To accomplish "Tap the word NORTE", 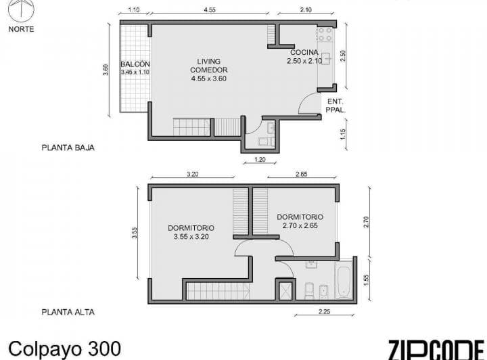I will [x=21, y=29].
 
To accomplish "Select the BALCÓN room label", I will [x=135, y=64].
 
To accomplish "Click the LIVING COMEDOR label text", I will [x=208, y=70].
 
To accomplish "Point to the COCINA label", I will [x=304, y=53].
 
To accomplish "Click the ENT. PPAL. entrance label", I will [x=336, y=106].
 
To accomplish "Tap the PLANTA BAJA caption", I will [x=68, y=147].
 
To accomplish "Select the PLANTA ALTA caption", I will [x=68, y=312].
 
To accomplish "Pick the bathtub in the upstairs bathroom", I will [x=344, y=282].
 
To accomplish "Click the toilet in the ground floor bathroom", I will [x=264, y=141].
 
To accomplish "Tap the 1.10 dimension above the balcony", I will [x=133, y=10].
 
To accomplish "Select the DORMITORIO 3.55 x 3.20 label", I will [x=191, y=232].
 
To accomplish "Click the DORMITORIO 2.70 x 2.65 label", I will [x=300, y=221].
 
